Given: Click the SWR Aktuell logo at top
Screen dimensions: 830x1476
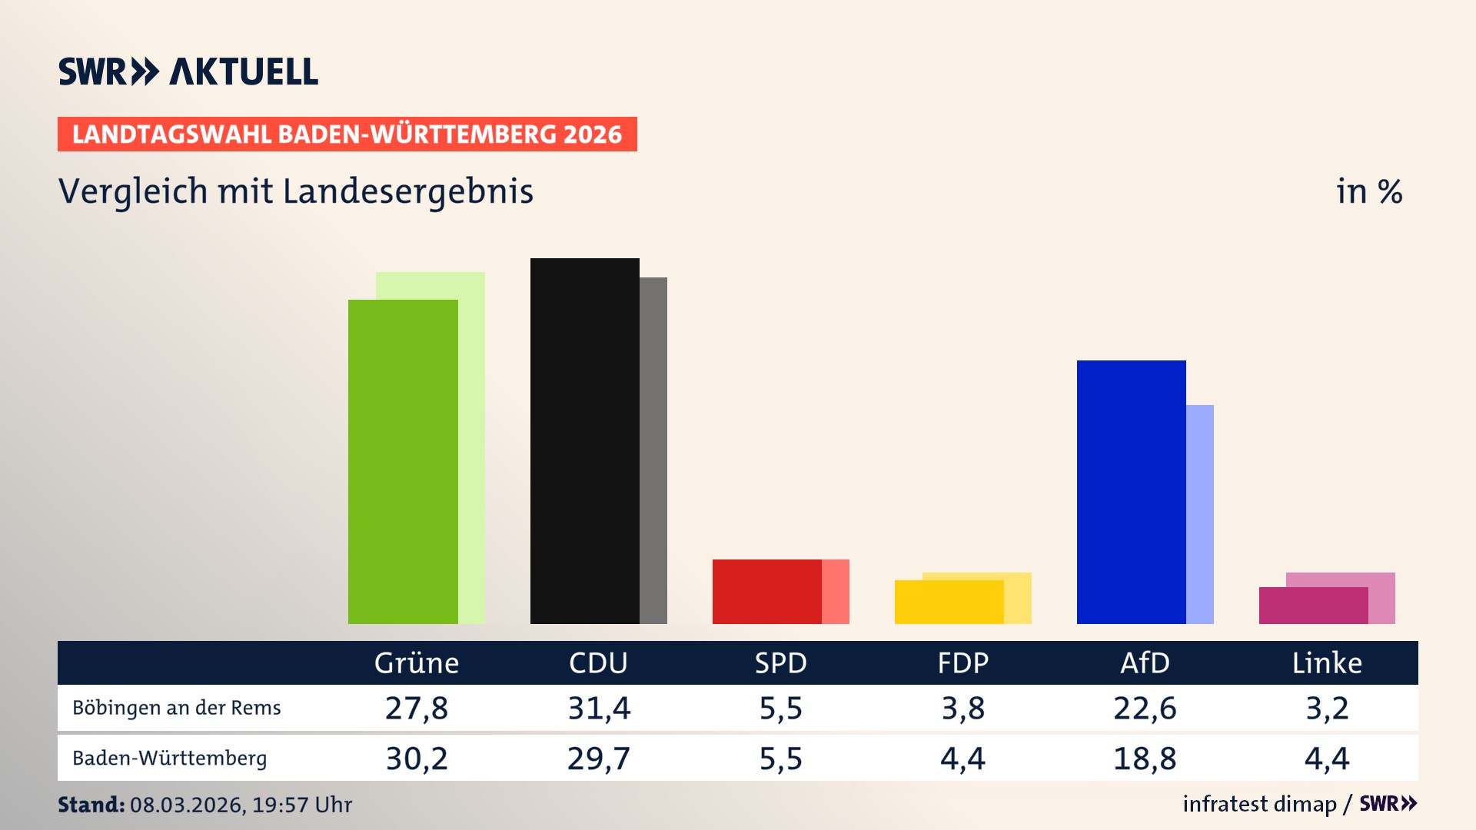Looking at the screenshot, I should point(188,71).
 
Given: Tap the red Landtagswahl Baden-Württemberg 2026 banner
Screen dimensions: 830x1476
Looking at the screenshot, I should point(347,134).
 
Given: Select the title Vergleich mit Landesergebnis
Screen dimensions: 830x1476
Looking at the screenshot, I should point(295,191).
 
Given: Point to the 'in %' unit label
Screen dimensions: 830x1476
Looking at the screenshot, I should point(1368,192).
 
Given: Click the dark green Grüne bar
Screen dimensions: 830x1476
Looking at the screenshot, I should point(402,461).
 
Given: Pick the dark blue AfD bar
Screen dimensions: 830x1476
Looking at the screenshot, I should point(1131,492).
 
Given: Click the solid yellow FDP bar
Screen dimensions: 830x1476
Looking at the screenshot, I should point(949,602).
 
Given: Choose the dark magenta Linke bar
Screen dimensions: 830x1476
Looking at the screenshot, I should point(1313,606).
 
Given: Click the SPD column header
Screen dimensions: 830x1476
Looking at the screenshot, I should point(780,663).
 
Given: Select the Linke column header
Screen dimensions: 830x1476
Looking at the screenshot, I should point(1327,663).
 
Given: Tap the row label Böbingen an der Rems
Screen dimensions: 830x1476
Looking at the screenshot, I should point(176,708).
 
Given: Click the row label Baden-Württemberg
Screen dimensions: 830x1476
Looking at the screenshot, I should point(169,759).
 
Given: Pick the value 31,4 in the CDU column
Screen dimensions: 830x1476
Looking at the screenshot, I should point(599,708).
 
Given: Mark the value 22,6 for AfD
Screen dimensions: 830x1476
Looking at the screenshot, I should point(1145,708).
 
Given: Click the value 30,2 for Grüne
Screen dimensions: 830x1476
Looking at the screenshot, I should point(416,759).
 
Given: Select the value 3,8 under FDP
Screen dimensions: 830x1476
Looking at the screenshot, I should point(962,708).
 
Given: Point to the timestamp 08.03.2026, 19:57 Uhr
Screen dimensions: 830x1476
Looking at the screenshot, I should point(241,805).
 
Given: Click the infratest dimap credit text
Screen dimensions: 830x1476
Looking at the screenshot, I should point(1259,804).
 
